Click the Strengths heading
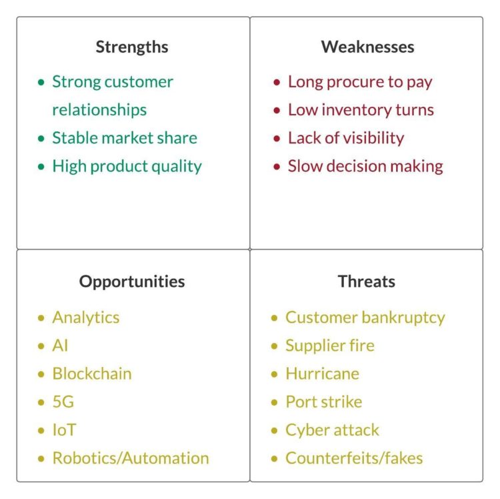coord(132,47)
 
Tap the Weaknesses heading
coord(367,47)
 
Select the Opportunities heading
coord(132,282)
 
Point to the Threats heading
coord(366,282)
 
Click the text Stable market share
coord(125,138)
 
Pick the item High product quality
coord(127,166)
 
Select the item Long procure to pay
coord(360,82)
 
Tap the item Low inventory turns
coord(361,110)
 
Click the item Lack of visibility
coord(346,138)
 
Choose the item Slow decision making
coord(365,166)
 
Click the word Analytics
coord(86,318)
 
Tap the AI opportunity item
coord(60,346)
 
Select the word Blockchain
coord(92,374)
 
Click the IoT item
coord(64,430)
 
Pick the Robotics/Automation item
coord(131,458)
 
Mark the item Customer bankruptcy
coord(365,318)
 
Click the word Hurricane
coord(322,374)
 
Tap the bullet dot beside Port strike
coord(274,402)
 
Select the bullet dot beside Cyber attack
coord(274,430)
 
